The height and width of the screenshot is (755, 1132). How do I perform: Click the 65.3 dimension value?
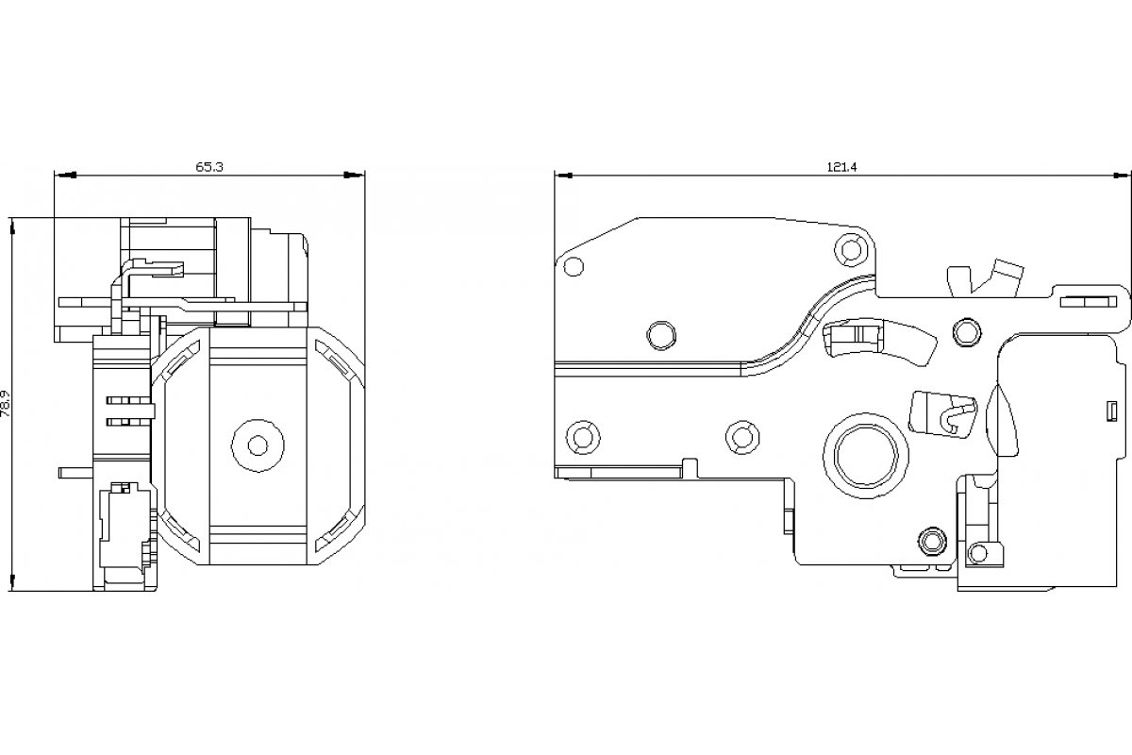(x=209, y=167)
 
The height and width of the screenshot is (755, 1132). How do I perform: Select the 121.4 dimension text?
(x=841, y=167)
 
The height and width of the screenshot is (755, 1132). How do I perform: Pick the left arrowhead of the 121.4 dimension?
(x=564, y=175)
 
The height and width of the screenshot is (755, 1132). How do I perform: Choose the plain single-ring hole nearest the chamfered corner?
(x=573, y=267)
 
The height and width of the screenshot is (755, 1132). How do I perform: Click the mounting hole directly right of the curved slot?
(x=966, y=331)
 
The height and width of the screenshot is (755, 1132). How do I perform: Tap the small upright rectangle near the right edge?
(x=1111, y=411)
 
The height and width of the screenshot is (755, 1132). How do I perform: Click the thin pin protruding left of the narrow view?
(x=75, y=469)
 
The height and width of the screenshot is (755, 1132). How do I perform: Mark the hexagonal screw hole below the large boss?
(x=932, y=540)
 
